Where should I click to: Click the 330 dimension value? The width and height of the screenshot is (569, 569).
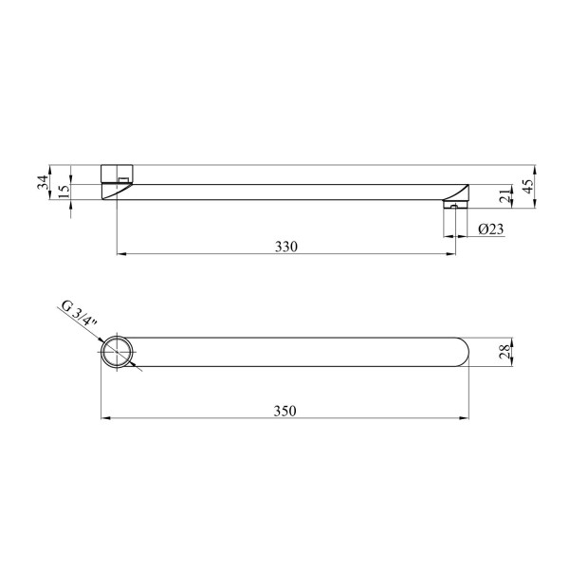pyautogui.click(x=286, y=247)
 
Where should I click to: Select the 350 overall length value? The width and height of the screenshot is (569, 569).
pyautogui.click(x=284, y=411)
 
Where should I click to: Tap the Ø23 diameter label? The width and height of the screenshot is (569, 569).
pyautogui.click(x=491, y=229)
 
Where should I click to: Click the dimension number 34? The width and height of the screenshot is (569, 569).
pyautogui.click(x=43, y=182)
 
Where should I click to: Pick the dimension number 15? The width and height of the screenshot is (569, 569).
pyautogui.click(x=64, y=191)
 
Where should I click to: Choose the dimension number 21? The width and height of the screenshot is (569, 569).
pyautogui.click(x=505, y=196)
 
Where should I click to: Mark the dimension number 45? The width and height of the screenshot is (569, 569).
pyautogui.click(x=528, y=186)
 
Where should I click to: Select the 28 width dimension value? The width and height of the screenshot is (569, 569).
pyautogui.click(x=505, y=352)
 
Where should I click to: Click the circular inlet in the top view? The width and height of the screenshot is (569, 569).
pyautogui.click(x=117, y=352)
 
